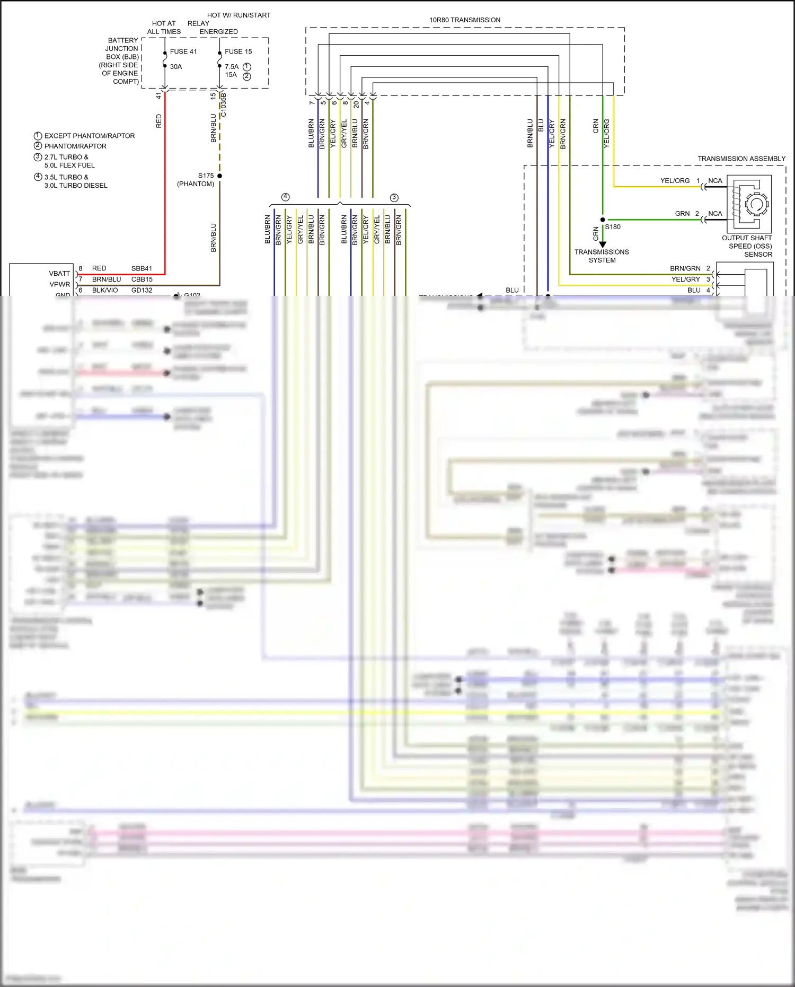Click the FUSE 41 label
coord(183,51)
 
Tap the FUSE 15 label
coord(238,51)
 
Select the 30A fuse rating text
coord(176,67)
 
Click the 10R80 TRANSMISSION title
coord(465,20)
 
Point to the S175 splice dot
coord(219,176)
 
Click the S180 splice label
coord(613,227)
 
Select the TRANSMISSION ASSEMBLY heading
coord(741,159)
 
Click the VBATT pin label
coord(59,274)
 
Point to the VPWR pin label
coord(59,284)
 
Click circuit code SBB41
coord(142,268)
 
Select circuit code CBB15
coord(142,279)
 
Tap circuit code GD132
coord(142,291)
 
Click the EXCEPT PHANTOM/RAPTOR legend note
coord(89,136)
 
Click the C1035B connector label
coord(224,105)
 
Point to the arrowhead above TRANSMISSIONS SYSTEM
coord(603,244)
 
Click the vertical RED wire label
coord(158,121)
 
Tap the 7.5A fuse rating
coord(232,67)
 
